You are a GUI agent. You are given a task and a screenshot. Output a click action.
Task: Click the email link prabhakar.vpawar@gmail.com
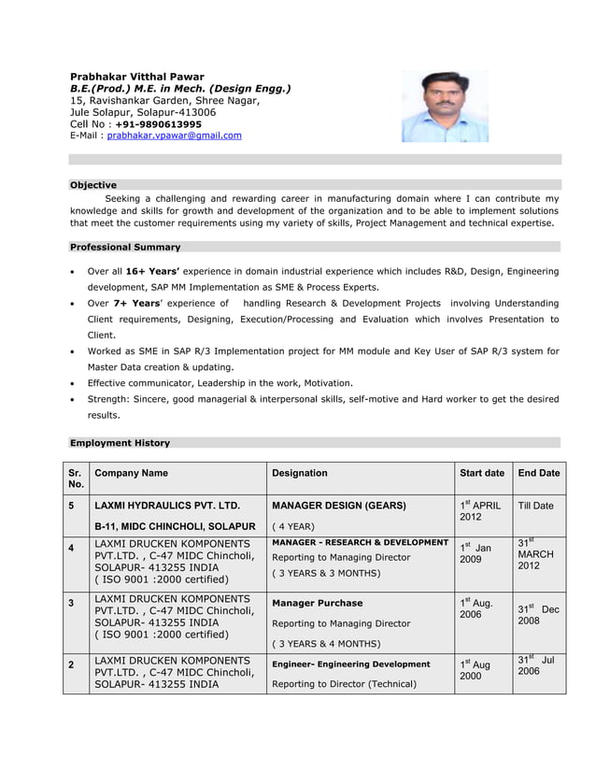[x=174, y=136]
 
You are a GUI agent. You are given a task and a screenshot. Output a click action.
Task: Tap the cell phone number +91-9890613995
[x=158, y=123]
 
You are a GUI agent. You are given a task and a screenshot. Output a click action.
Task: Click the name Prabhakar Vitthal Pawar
[x=137, y=76]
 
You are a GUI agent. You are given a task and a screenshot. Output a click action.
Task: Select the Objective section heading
[x=93, y=185]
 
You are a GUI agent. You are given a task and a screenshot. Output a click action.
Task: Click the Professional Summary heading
[x=125, y=247]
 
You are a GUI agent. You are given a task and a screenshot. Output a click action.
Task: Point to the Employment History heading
[x=120, y=442]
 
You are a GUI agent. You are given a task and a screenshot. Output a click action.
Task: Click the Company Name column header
[x=132, y=474]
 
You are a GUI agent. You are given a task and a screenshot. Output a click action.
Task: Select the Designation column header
[x=299, y=474]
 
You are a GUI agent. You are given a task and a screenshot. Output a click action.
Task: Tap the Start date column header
[x=482, y=474]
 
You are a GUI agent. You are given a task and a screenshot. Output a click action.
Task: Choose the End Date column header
[x=538, y=474]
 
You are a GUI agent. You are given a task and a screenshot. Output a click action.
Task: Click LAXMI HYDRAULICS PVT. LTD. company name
[x=167, y=506]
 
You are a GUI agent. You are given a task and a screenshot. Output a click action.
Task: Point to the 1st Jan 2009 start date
[x=475, y=552]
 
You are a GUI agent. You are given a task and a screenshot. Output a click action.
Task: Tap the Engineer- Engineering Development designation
[x=350, y=664]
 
